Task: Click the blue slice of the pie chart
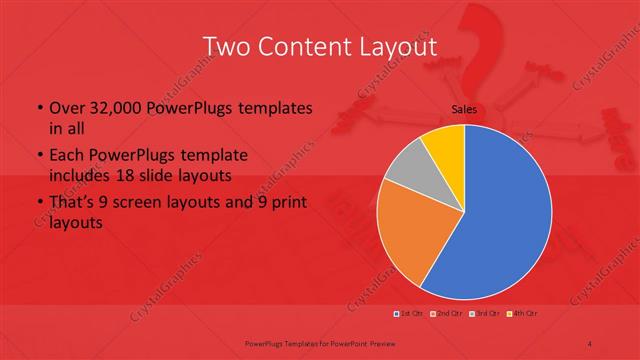tap(500, 220)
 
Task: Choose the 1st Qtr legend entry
tap(410, 314)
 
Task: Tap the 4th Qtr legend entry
tap(521, 314)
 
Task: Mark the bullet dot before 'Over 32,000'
tap(38, 108)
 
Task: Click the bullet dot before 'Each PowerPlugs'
tap(38, 157)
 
